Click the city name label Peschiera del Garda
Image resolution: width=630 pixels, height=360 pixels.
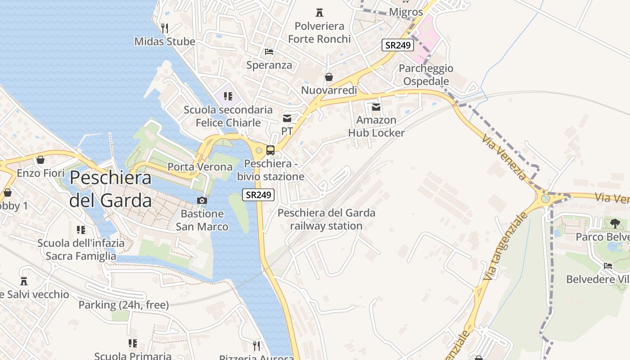(x=110, y=189)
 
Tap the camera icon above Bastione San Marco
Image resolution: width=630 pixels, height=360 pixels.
(x=202, y=200)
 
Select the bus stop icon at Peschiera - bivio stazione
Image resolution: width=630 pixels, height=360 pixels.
(x=270, y=150)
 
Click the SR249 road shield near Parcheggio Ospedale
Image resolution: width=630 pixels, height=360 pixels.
(x=398, y=45)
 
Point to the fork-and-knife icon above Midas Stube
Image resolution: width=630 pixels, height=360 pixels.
(x=165, y=28)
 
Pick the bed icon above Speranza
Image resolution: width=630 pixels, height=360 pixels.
(x=269, y=52)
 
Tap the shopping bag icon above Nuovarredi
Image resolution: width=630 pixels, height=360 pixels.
(x=329, y=77)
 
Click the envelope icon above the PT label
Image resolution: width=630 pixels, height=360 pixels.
(x=287, y=118)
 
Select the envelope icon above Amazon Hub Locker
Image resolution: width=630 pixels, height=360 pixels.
(x=376, y=107)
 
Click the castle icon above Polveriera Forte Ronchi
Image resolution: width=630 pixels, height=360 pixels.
(x=319, y=13)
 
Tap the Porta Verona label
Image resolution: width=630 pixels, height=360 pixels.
(x=200, y=167)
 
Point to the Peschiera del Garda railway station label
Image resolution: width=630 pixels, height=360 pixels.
(x=326, y=219)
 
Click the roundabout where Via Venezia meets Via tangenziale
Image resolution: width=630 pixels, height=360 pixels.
(x=545, y=198)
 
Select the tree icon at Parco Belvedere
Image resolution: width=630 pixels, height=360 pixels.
(x=615, y=223)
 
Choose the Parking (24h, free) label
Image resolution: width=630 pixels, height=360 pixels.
(x=123, y=305)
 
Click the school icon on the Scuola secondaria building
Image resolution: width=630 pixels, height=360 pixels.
(x=228, y=96)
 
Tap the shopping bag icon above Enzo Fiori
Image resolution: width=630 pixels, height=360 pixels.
(x=40, y=160)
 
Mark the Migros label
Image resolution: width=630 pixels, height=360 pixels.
(x=406, y=12)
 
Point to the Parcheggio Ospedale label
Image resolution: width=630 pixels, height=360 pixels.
(x=426, y=75)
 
